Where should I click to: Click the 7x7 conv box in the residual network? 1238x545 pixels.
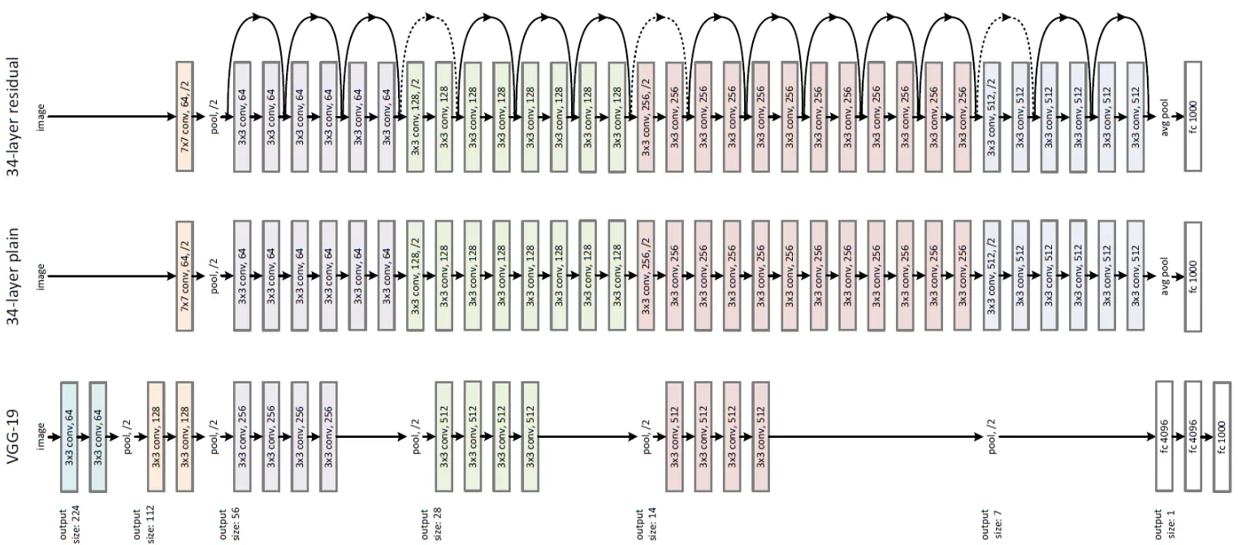184,116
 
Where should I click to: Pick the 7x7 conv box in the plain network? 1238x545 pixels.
184,276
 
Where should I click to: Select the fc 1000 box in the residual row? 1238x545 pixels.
1192,116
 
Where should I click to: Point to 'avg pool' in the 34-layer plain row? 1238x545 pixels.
1163,276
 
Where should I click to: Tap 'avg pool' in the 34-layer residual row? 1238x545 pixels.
1163,116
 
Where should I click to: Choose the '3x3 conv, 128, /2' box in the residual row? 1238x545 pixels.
415,116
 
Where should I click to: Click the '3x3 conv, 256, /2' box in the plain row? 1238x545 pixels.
646,276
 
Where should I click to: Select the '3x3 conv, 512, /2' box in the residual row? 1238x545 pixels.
991,116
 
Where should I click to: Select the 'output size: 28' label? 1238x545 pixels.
430,525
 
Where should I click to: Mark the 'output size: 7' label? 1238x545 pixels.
990,525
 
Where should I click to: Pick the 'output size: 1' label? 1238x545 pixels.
1162,525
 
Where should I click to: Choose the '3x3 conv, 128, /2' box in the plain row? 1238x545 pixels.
415,276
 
